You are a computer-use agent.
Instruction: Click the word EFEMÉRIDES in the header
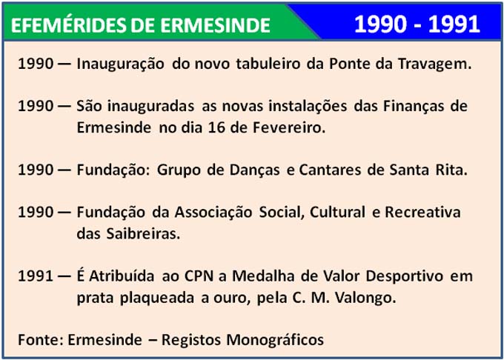pos(68,25)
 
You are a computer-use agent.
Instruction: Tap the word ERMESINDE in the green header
pos(216,25)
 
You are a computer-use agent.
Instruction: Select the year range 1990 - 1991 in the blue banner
pos(417,24)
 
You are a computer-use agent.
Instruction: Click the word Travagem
pos(434,64)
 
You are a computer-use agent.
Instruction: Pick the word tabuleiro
pos(268,64)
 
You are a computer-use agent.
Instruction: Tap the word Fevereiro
pos(289,127)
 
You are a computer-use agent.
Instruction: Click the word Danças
pos(254,170)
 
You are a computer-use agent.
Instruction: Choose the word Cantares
pos(330,170)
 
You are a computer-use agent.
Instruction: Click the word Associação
pos(213,213)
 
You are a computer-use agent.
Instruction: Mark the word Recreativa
pos(422,213)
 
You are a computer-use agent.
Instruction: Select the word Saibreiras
pos(143,233)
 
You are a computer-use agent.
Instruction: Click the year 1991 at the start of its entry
pos(36,276)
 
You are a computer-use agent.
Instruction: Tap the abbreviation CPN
pos(199,276)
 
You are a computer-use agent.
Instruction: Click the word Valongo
pos(365,299)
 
